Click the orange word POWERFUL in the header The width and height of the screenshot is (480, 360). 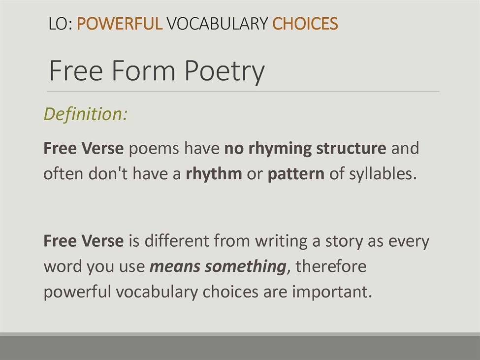click(x=120, y=23)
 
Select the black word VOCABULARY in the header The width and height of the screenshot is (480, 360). click(x=217, y=23)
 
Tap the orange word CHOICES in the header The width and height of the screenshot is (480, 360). click(x=305, y=23)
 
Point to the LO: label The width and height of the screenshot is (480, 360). click(x=61, y=24)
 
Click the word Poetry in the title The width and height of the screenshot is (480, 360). click(x=224, y=72)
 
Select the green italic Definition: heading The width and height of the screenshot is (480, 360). click(x=85, y=114)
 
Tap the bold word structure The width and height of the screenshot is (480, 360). click(x=351, y=148)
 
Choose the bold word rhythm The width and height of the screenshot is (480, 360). click(x=214, y=173)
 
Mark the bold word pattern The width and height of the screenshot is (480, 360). click(x=296, y=174)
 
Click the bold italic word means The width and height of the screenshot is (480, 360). click(x=175, y=266)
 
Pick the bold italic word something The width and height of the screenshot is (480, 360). click(x=246, y=266)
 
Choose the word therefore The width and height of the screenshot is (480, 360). click(x=331, y=266)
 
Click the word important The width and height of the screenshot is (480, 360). click(x=332, y=292)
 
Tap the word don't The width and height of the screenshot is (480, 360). click(x=108, y=173)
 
